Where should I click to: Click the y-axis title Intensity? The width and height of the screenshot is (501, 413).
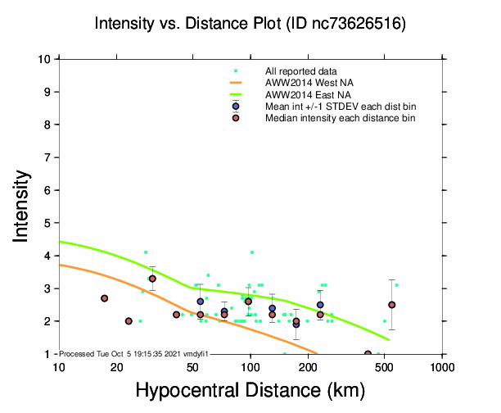[x=22, y=206]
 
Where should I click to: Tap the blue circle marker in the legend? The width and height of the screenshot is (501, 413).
[x=236, y=107]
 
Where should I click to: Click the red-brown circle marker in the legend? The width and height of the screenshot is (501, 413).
[x=236, y=118]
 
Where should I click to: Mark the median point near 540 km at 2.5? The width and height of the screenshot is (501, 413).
[x=392, y=305]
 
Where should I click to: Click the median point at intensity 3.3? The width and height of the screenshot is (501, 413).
[x=152, y=279]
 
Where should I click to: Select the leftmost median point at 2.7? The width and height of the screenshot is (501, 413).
[x=105, y=298]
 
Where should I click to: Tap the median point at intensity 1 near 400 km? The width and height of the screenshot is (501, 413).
[x=368, y=354]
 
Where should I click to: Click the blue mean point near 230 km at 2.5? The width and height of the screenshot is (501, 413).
[x=320, y=305]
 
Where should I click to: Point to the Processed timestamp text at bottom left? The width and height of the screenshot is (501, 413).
[x=131, y=353]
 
